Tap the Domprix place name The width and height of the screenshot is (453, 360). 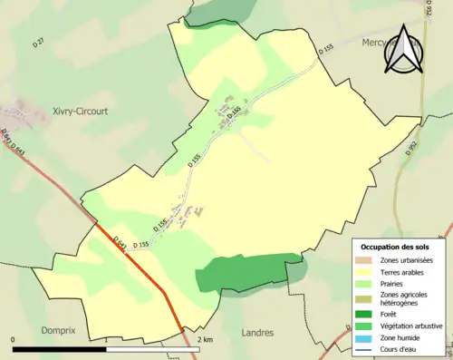pyautogui.click(x=61, y=332)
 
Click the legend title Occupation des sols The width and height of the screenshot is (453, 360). pyautogui.click(x=394, y=247)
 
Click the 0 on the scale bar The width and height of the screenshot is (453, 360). pyautogui.click(x=14, y=340)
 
